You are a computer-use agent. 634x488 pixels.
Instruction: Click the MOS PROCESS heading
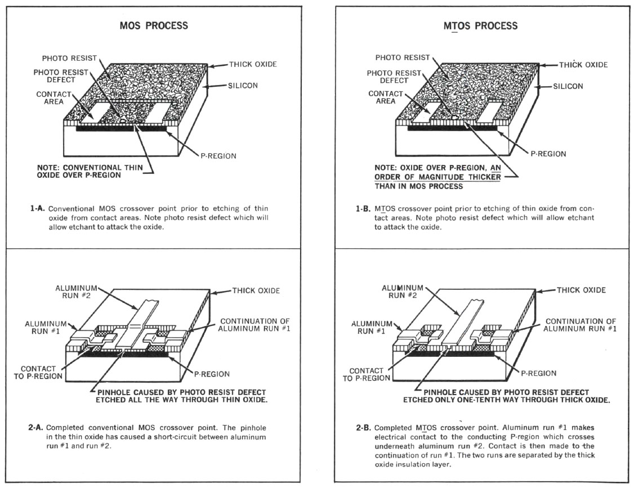(154, 25)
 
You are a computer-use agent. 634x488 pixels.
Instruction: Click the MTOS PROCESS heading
(480, 26)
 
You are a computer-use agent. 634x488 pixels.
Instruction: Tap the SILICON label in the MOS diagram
(243, 86)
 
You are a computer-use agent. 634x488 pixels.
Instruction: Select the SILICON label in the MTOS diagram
(568, 86)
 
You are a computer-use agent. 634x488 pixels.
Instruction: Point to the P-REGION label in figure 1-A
(218, 156)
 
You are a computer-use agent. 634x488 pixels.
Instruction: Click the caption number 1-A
(38, 209)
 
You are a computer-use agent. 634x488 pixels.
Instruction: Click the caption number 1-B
(363, 209)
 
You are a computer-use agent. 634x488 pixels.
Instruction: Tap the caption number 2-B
(363, 427)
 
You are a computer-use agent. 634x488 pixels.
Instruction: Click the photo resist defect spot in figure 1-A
(122, 120)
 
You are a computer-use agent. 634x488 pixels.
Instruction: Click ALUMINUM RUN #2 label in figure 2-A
(76, 292)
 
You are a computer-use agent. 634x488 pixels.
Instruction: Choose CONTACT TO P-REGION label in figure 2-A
(38, 373)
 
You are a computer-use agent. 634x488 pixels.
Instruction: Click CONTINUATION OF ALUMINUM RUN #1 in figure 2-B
(580, 325)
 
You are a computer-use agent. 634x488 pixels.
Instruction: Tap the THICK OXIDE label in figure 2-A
(256, 290)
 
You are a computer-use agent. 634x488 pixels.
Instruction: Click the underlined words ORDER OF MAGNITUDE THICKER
(437, 177)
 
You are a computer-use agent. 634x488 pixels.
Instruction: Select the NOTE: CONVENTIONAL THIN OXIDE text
(90, 172)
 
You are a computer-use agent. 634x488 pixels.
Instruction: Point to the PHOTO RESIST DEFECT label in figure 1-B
(394, 77)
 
